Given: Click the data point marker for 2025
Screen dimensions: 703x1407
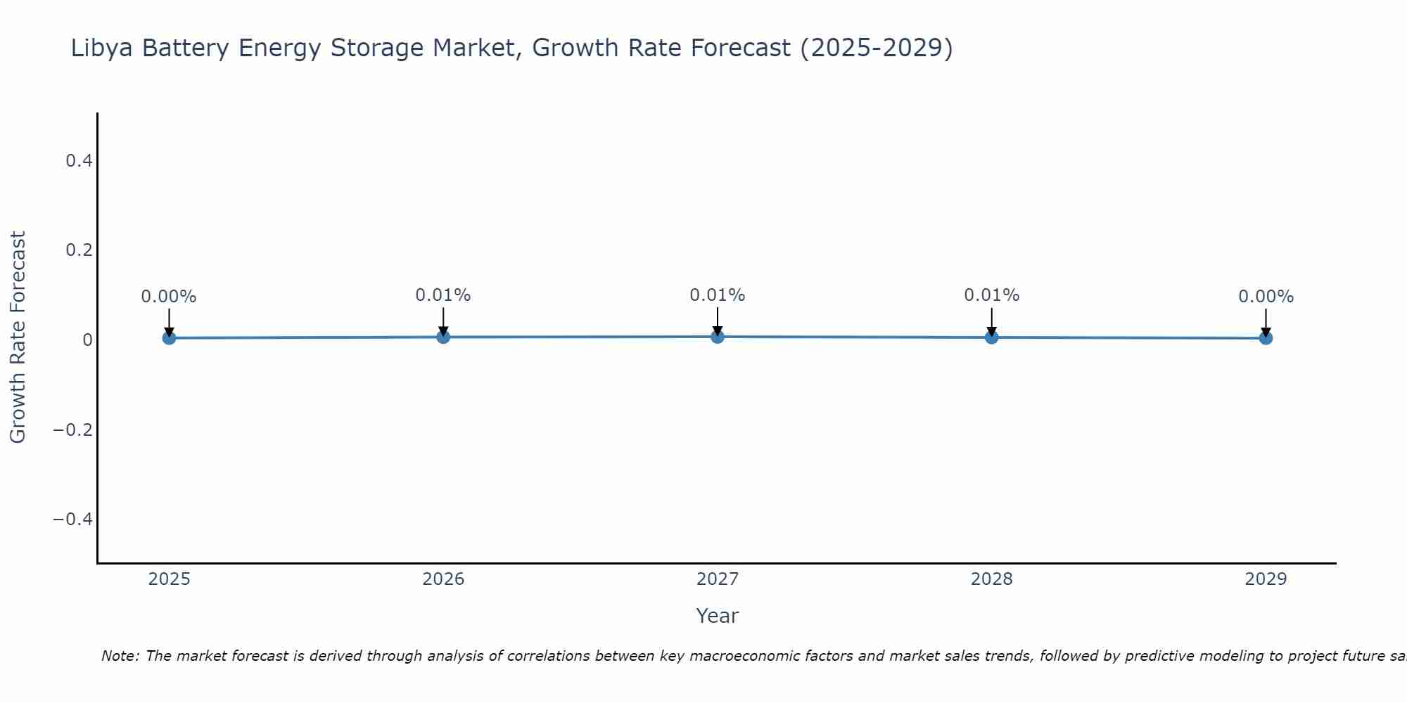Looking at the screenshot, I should tap(169, 338).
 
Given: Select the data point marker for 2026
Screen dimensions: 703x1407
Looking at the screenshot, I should tap(443, 337).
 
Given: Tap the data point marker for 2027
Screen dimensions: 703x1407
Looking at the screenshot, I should tap(717, 337).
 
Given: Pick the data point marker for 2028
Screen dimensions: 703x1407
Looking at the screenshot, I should tap(991, 337).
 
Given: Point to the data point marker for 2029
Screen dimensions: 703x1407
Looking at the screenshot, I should tap(1266, 338).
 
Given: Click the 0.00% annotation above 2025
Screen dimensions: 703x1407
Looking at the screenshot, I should tap(169, 297).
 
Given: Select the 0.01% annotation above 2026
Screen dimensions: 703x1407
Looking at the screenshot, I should tap(443, 295).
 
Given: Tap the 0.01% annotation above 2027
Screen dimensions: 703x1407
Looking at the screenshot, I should tap(717, 295).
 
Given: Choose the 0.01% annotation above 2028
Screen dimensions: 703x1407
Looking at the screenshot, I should tap(991, 295).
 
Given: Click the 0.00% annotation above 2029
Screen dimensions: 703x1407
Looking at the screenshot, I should tap(1266, 297).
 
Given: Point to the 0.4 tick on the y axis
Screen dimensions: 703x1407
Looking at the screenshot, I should tap(79, 161).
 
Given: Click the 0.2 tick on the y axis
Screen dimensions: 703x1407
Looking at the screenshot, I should tap(79, 250).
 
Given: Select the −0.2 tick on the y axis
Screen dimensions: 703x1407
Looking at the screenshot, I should tap(73, 430).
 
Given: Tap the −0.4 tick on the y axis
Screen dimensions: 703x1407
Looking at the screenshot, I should tap(73, 519).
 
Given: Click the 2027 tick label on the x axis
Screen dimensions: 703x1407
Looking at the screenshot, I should tap(717, 579).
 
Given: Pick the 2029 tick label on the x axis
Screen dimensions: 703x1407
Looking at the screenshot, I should tap(1266, 579).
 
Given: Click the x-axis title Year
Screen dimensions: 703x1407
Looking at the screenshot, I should tap(717, 616).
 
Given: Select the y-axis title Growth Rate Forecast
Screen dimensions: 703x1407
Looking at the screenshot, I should tap(18, 337).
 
